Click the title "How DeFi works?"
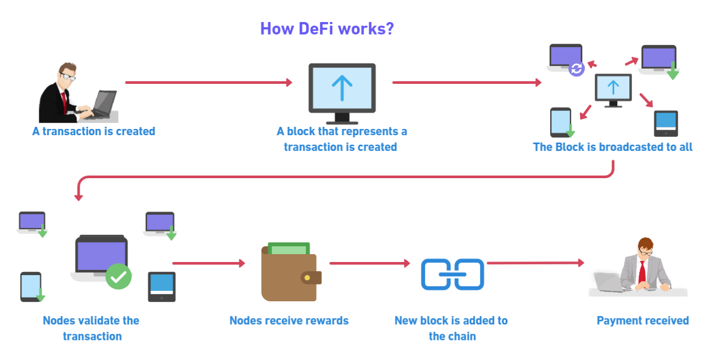(326, 28)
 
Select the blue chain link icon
(453, 274)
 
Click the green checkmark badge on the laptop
(119, 276)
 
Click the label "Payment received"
(642, 321)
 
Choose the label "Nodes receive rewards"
(289, 321)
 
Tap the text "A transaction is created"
(94, 131)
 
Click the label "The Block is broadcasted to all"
(613, 147)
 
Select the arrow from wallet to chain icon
(369, 263)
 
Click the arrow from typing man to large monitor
(208, 82)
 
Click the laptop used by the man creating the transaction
(104, 103)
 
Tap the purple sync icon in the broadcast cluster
(577, 69)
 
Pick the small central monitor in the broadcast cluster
(613, 89)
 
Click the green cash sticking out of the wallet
(289, 248)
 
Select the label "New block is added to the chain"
(451, 328)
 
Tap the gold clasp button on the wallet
(307, 277)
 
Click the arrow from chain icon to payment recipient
(535, 263)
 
